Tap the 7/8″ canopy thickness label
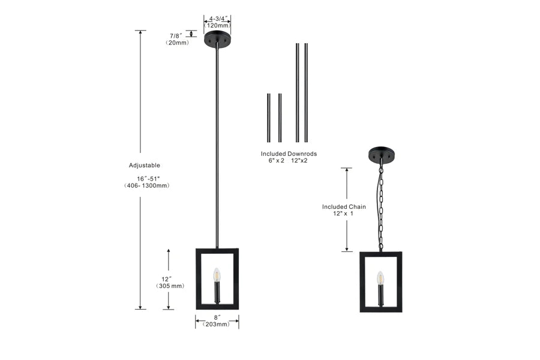point(176,36)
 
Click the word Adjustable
point(145,166)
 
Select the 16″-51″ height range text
point(148,179)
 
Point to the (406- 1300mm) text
point(147,185)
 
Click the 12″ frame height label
point(167,279)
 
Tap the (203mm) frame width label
point(217,324)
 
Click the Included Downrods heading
point(289,154)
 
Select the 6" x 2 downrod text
point(277,161)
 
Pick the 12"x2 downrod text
point(299,161)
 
